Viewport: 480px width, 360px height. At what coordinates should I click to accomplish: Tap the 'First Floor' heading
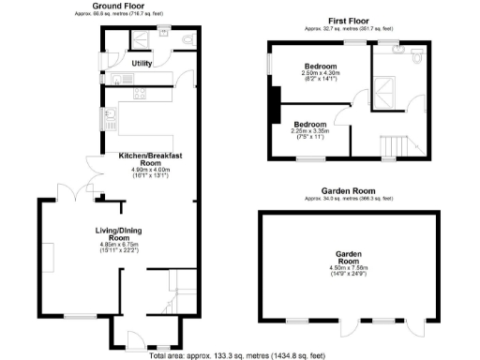pyautogui.click(x=347, y=20)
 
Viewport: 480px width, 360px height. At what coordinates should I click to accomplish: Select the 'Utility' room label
pyautogui.click(x=142, y=63)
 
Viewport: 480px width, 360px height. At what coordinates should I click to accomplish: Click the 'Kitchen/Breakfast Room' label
pyautogui.click(x=150, y=158)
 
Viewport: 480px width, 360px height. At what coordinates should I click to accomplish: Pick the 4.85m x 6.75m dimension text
pyautogui.click(x=119, y=247)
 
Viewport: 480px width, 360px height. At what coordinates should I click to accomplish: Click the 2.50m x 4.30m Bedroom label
pyautogui.click(x=320, y=68)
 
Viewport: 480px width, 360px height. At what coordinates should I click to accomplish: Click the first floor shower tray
pyautogui.click(x=385, y=90)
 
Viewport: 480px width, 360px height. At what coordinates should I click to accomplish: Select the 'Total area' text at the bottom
pyautogui.click(x=239, y=354)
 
